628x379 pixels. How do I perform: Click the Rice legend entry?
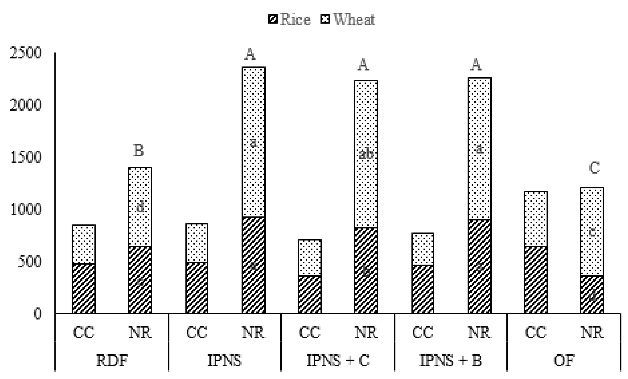[x=290, y=19]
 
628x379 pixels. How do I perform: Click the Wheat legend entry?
[x=348, y=19]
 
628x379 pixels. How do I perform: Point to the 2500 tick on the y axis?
[x=25, y=53]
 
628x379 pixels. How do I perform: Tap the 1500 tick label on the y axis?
[x=25, y=157]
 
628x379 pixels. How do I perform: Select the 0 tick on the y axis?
[x=37, y=314]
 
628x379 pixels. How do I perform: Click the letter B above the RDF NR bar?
[x=139, y=151]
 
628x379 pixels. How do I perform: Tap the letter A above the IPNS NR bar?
[x=250, y=54]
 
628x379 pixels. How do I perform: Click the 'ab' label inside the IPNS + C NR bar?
[x=366, y=154]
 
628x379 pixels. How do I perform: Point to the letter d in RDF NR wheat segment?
[x=140, y=207]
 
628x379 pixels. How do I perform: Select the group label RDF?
[x=112, y=361]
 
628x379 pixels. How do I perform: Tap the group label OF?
[x=563, y=361]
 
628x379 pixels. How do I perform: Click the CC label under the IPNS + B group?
[x=423, y=333]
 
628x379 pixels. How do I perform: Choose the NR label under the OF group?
[x=592, y=333]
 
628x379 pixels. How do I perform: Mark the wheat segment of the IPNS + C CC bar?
[x=310, y=257]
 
